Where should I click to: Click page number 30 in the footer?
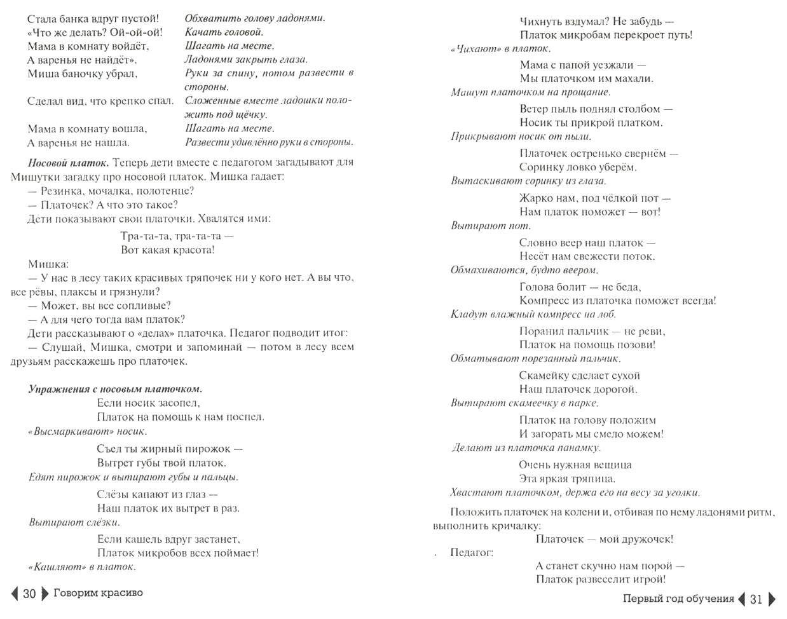[x=29, y=594]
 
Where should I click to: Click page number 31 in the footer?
[x=756, y=599]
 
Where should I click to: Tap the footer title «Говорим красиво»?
[x=98, y=593]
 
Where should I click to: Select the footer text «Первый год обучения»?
[x=678, y=599]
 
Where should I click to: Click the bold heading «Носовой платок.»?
[x=69, y=163]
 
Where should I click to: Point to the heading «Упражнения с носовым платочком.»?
[x=115, y=389]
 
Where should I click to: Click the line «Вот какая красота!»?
[x=168, y=250]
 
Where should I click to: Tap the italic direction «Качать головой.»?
[x=224, y=32]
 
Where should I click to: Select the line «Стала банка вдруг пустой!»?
[x=93, y=18]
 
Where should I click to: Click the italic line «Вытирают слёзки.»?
[x=74, y=522]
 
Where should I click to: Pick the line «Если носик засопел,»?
[x=148, y=403]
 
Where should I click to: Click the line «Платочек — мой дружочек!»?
[x=604, y=539]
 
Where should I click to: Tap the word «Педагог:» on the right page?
[x=471, y=552]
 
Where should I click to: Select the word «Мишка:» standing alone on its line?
[x=48, y=264]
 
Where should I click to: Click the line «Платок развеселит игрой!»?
[x=600, y=579]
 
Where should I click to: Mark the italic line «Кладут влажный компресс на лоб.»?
[x=533, y=314]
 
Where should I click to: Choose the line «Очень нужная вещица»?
[x=575, y=465]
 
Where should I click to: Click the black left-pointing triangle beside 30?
[x=15, y=594]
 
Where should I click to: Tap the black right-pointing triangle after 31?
[x=772, y=599]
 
